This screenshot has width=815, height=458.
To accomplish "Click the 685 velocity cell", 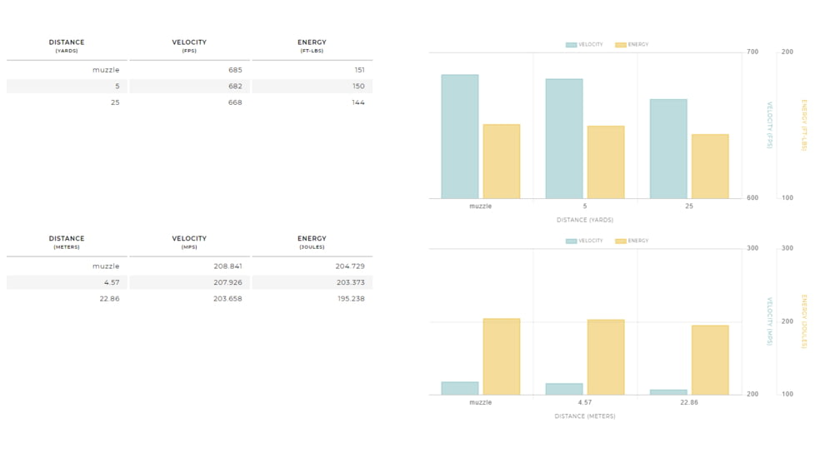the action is pyautogui.click(x=235, y=70).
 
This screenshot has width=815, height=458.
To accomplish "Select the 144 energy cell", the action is pyautogui.click(x=358, y=102).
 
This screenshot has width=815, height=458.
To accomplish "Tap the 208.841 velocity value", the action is pyautogui.click(x=227, y=266).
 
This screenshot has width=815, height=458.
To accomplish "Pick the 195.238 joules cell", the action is pyautogui.click(x=351, y=299).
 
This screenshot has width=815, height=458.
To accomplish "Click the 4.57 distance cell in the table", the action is pyautogui.click(x=112, y=282).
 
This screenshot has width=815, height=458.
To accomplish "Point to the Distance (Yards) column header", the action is pyautogui.click(x=67, y=46).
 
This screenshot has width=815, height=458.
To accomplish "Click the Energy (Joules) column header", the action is pyautogui.click(x=312, y=242).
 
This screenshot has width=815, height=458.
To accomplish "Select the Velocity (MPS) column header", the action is pyautogui.click(x=189, y=242).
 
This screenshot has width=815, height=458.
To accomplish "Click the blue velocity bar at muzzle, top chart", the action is pyautogui.click(x=460, y=137).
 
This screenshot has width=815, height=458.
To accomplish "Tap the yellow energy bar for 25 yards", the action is pyautogui.click(x=710, y=167).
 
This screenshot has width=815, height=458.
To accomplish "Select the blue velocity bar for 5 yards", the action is pyautogui.click(x=564, y=138).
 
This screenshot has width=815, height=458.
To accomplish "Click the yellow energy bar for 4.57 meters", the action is pyautogui.click(x=606, y=357).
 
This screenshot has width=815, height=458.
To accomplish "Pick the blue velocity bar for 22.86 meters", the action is pyautogui.click(x=668, y=392).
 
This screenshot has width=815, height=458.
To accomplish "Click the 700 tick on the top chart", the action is pyautogui.click(x=752, y=52).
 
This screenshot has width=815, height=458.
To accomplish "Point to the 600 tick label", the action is pyautogui.click(x=752, y=198).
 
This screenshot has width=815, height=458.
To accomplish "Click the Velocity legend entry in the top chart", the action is pyautogui.click(x=584, y=45).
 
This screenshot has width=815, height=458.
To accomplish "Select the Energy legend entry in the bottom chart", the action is pyautogui.click(x=632, y=241).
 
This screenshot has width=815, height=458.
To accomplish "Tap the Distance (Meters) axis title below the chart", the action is pyautogui.click(x=585, y=416).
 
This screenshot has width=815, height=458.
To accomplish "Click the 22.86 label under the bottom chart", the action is pyautogui.click(x=689, y=402).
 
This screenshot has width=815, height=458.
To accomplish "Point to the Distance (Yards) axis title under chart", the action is pyautogui.click(x=585, y=220).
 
